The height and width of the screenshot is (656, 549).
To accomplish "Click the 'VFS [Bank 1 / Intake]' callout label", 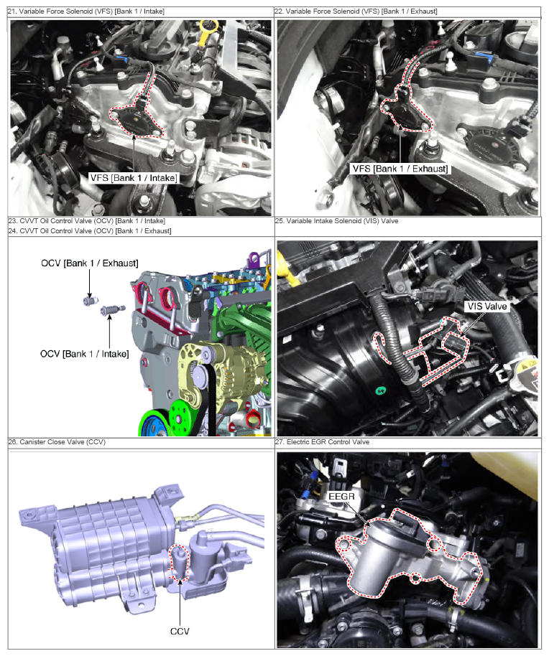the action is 134,178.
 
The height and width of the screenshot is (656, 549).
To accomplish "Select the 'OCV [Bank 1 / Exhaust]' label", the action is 90,263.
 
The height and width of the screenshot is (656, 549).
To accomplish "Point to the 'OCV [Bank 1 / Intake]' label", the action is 85,354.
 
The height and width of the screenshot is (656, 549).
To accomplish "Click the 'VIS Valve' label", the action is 487,306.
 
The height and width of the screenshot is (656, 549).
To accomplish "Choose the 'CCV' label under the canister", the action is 180,632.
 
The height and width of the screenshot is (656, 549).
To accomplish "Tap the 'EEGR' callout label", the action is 342,496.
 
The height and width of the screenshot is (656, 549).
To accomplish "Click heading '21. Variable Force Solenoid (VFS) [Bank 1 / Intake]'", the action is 86,11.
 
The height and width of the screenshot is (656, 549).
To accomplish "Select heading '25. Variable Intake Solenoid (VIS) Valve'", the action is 337,221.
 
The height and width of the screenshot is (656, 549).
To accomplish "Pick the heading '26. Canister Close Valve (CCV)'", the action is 57,442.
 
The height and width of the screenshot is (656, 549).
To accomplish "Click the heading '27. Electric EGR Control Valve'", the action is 323,442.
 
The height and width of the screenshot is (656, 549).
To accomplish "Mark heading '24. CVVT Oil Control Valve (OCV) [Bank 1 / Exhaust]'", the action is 90,231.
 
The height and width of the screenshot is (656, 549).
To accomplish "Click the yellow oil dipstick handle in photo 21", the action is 206,32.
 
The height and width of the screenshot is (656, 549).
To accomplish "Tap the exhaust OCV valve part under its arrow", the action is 90,301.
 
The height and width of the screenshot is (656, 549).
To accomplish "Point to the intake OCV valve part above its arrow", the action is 112,310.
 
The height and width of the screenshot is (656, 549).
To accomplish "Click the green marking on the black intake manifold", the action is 381,390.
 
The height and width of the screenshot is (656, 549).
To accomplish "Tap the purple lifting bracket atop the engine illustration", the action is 254,260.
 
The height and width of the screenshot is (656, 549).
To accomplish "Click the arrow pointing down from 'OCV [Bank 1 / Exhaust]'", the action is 90,284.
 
